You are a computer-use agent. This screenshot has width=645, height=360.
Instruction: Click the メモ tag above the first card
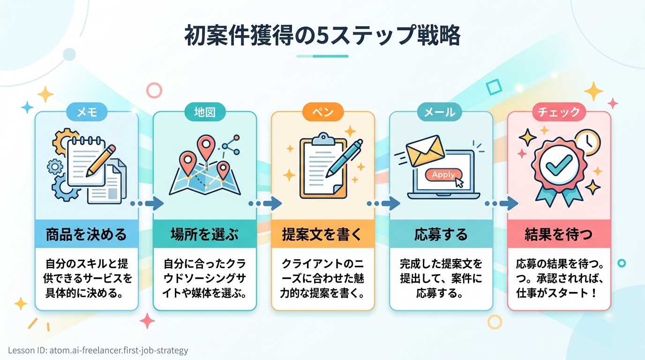[x=87, y=112]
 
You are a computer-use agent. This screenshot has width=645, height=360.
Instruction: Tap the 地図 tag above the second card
[x=205, y=112]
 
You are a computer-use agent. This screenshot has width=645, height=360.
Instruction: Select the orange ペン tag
[x=323, y=112]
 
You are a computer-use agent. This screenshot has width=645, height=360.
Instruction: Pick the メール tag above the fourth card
[x=440, y=112]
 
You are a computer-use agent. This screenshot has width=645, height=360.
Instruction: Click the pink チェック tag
[x=559, y=112]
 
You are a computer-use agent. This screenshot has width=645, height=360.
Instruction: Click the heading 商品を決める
[x=86, y=234]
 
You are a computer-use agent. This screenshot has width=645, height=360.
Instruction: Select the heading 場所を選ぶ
[x=205, y=234]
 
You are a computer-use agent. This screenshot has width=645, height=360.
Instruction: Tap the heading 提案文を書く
[x=322, y=234]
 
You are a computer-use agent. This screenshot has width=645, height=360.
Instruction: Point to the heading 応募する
[x=441, y=234]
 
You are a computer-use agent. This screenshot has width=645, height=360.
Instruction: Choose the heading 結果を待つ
[x=559, y=234]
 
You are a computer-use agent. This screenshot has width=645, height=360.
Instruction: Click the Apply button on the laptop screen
[x=444, y=174]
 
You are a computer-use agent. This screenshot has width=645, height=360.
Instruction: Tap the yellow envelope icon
[x=425, y=150]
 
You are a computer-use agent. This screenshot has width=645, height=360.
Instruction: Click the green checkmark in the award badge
[x=559, y=165]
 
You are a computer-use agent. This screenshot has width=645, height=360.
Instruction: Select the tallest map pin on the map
[x=206, y=148]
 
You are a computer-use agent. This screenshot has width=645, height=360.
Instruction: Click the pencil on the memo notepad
[x=100, y=161]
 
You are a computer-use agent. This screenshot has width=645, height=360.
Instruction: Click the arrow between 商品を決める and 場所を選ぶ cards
[x=147, y=203]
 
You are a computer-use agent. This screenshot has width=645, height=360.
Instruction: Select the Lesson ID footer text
[x=98, y=350]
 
